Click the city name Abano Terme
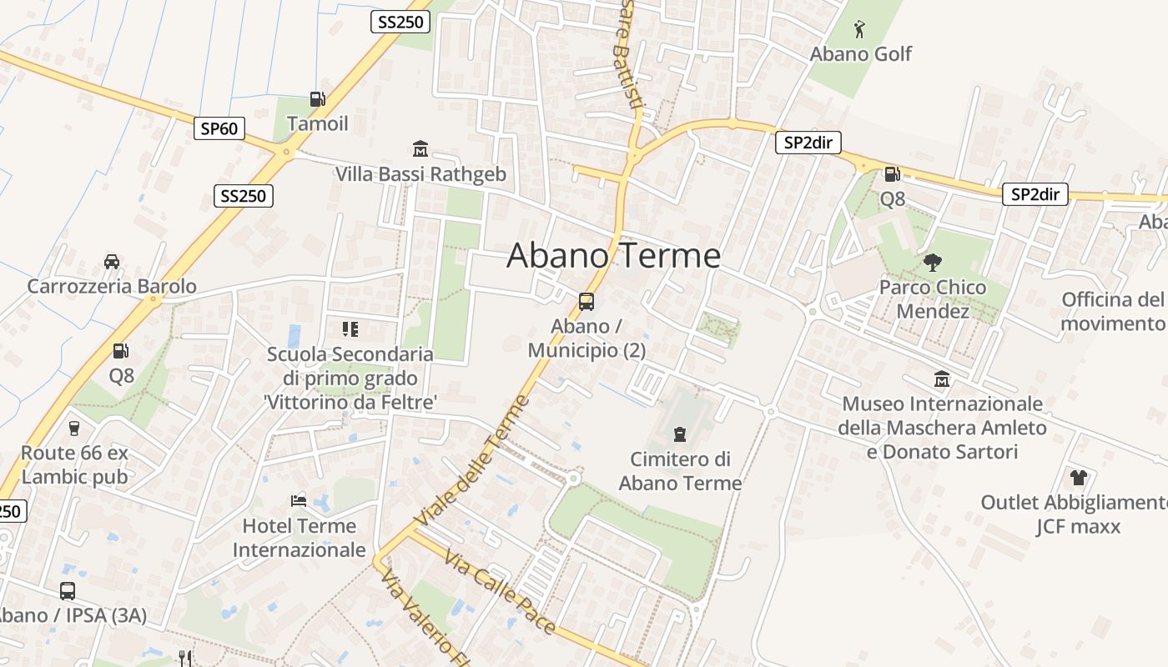[x=613, y=255]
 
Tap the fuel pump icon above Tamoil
[x=317, y=99]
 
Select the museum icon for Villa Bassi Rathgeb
[x=420, y=149]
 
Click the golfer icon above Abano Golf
[x=860, y=30]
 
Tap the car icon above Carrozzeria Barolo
[x=112, y=261]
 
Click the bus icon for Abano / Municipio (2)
[x=587, y=301]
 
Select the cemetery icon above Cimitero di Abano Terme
[x=680, y=434]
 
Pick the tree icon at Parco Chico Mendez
[x=932, y=263]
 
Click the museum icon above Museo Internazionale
[x=942, y=379]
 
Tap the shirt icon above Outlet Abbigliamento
[x=1079, y=478]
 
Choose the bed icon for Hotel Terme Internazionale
[x=299, y=501]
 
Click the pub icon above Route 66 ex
[x=74, y=429]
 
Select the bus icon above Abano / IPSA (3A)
[x=68, y=590]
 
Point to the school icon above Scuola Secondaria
[x=350, y=329]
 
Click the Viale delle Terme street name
[x=472, y=460]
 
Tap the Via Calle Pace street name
[x=500, y=591]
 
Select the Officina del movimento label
[x=1113, y=311]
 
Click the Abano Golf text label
[x=861, y=54]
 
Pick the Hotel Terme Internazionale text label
[x=299, y=538]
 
